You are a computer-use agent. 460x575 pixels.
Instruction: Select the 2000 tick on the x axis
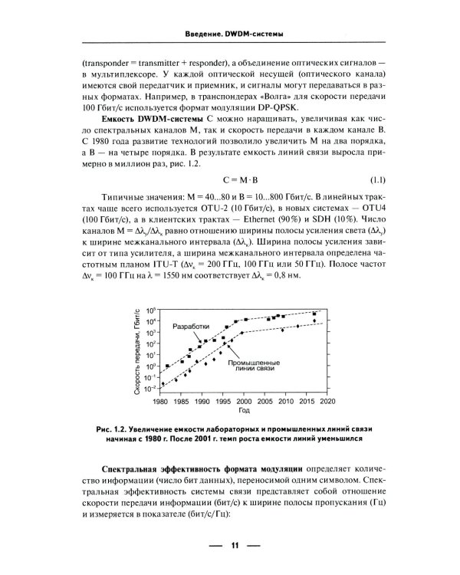pos(244,401)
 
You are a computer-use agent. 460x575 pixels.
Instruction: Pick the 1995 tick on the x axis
pos(223,401)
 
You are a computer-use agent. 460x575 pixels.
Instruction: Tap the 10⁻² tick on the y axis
pos(152,389)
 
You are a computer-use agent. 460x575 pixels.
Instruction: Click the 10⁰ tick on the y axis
pos(152,366)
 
